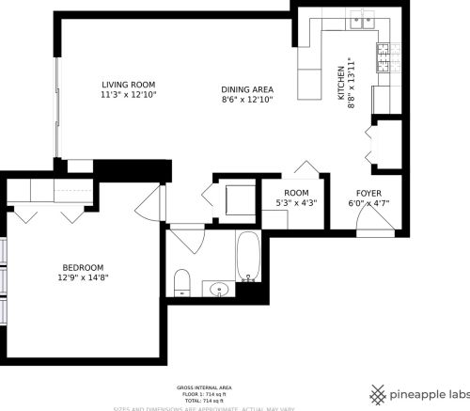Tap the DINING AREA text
[x=247, y=88]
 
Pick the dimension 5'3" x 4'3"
[x=296, y=202]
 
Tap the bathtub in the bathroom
[x=248, y=256]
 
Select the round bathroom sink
[x=219, y=289]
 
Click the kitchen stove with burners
[x=383, y=57]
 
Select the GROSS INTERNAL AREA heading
[x=204, y=387]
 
